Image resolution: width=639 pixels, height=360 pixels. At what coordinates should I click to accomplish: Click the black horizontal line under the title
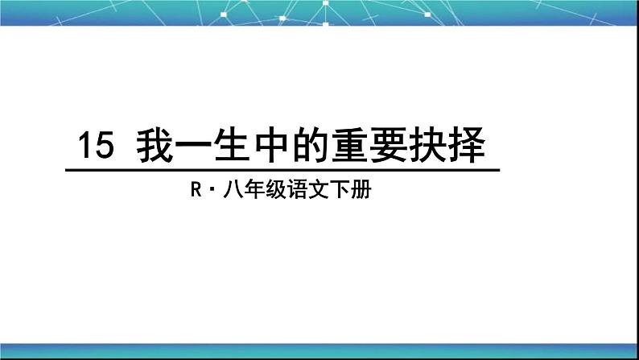(x=282, y=170)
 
